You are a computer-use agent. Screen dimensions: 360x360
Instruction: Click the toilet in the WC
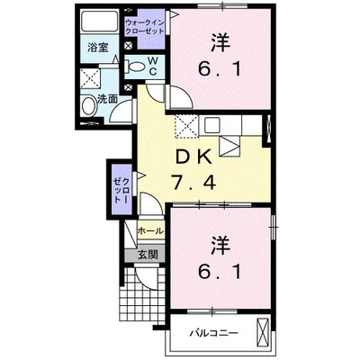point(138,66)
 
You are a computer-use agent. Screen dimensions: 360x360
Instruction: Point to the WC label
point(154,65)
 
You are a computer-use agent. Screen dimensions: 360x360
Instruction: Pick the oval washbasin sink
point(88,107)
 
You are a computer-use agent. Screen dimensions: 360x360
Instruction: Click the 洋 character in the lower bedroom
point(219,244)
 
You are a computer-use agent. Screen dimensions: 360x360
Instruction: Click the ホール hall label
point(149,231)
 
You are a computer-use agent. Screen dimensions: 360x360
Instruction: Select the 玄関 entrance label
point(148,255)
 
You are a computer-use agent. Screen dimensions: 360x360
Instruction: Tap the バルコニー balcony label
point(214,334)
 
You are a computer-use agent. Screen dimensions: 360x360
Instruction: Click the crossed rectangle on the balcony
point(263,332)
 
